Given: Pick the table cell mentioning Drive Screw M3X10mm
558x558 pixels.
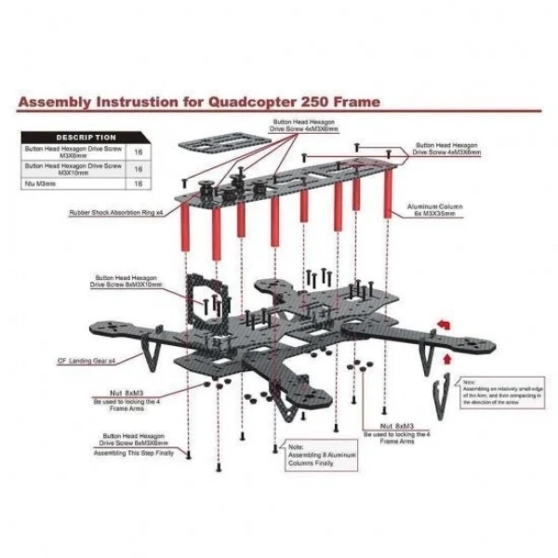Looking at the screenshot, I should click(x=73, y=168).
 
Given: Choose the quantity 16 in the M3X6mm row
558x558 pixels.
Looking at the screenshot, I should click(x=139, y=152).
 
